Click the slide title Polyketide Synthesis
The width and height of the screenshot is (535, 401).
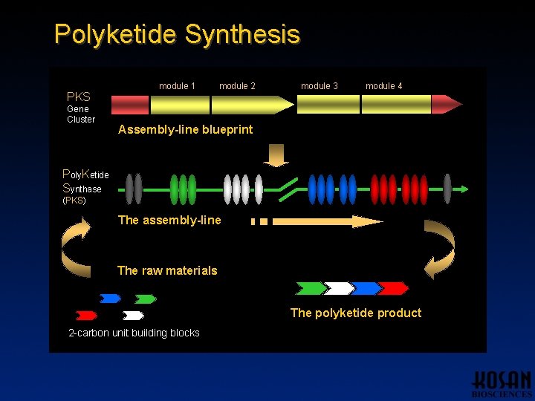point(177,34)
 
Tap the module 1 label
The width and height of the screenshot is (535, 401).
point(177,86)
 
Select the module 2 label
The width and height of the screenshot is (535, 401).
point(237,86)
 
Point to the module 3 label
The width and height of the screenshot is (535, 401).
point(319,86)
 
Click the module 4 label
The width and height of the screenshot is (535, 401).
point(383,86)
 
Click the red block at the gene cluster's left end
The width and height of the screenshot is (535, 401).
point(129,104)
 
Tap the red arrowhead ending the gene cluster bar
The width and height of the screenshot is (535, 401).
point(447,104)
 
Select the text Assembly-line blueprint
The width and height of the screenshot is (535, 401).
point(185,129)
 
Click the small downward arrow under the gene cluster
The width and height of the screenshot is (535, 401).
point(278,154)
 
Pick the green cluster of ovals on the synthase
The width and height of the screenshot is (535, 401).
point(183,189)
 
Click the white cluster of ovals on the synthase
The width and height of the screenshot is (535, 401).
point(242,189)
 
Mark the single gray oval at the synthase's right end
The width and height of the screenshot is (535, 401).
point(447,189)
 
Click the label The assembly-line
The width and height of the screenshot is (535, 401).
point(169,220)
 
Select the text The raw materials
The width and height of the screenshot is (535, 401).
point(167,270)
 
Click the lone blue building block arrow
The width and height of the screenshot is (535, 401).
point(110,299)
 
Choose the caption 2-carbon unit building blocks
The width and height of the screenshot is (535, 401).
point(134,333)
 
